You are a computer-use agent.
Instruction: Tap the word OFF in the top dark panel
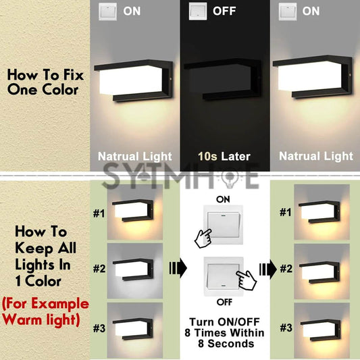224,11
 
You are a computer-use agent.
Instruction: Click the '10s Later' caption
220,156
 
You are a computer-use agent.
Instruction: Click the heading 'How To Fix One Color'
45,82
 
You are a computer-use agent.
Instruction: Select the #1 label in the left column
99,214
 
